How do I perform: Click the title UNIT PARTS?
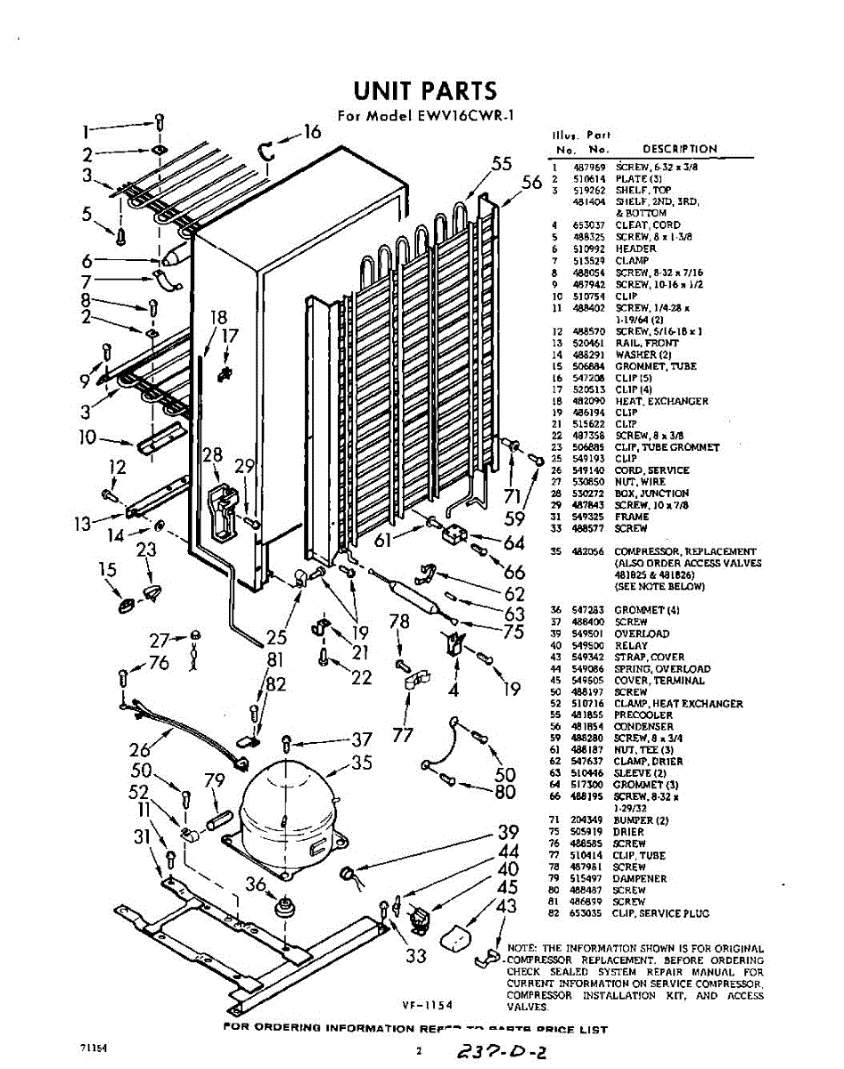click(x=423, y=91)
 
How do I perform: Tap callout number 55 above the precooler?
click(x=503, y=163)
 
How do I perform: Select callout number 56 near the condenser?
click(x=532, y=182)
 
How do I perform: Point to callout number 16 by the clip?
click(x=311, y=133)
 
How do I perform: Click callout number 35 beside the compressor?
click(x=361, y=763)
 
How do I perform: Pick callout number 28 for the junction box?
click(x=212, y=455)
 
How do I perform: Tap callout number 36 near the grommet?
click(x=257, y=884)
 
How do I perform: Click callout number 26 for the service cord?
click(x=141, y=750)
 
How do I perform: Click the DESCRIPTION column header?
click(x=679, y=149)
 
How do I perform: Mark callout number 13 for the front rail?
click(x=83, y=523)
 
